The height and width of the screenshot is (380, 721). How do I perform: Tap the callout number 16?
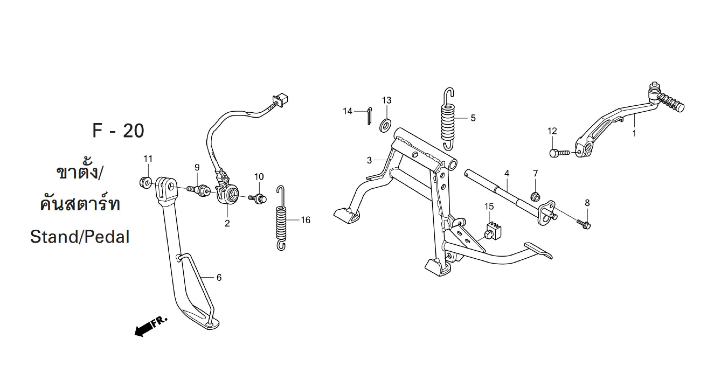tap(306, 220)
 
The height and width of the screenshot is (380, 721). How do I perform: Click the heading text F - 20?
tap(118, 131)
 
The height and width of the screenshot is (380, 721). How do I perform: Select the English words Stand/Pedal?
tap(80, 237)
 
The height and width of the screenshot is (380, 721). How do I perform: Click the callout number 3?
tap(369, 160)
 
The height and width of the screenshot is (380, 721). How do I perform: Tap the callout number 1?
tap(634, 133)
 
